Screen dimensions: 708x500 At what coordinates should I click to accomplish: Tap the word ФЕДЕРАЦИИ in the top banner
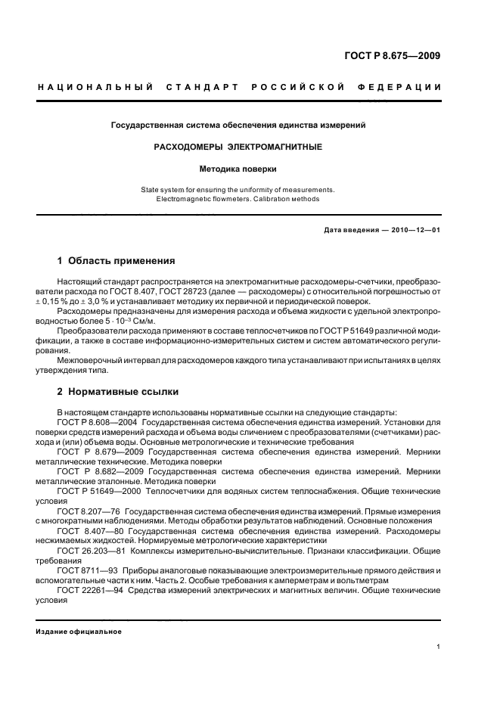(404, 88)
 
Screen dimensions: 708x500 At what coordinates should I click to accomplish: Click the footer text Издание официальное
(78, 631)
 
